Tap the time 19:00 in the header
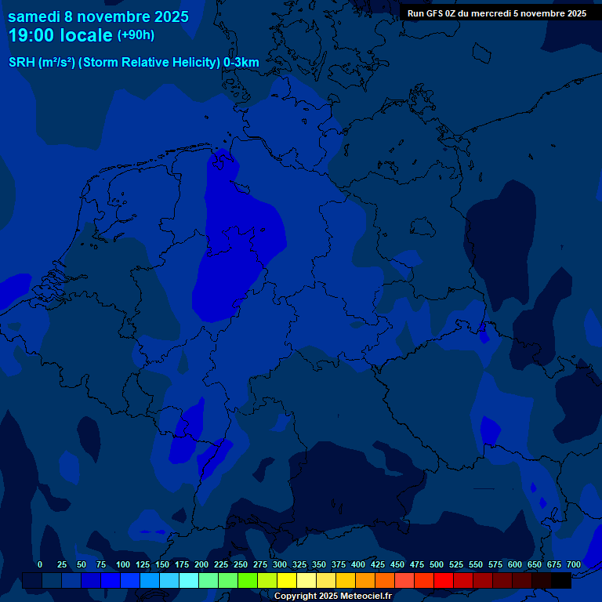click(x=31, y=35)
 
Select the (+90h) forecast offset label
click(x=136, y=35)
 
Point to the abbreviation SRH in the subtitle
click(x=21, y=63)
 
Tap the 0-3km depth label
click(x=241, y=63)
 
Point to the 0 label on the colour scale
click(x=40, y=564)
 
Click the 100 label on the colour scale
click(x=123, y=564)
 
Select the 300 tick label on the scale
click(x=280, y=564)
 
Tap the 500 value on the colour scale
click(x=437, y=564)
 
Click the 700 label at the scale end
click(x=574, y=564)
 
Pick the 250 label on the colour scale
click(x=241, y=564)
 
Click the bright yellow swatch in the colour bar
click(x=287, y=580)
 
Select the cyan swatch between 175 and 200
click(x=189, y=580)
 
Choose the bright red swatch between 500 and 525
click(x=444, y=580)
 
